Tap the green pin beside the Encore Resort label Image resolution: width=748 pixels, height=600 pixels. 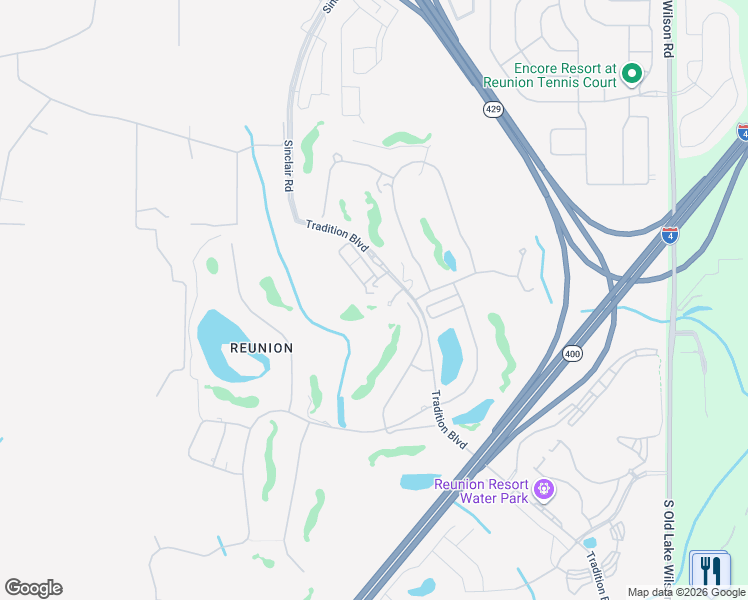click(x=631, y=73)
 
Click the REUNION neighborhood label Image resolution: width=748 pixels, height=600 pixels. click(x=261, y=348)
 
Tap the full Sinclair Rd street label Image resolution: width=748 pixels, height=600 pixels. click(x=287, y=166)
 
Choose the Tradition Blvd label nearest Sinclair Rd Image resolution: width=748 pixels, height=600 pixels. click(x=338, y=235)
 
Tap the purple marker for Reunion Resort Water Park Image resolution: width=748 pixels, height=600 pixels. click(x=543, y=489)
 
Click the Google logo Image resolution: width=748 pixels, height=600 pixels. click(x=33, y=588)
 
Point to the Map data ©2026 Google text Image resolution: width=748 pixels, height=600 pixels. click(x=687, y=592)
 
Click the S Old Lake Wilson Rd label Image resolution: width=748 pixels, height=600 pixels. click(x=668, y=540)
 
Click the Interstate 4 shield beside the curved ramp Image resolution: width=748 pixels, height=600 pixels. click(x=669, y=236)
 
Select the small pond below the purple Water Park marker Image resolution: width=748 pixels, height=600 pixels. click(x=590, y=543)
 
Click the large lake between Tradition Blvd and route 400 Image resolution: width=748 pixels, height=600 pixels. click(x=450, y=355)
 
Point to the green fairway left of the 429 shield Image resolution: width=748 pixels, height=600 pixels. click(x=407, y=138)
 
